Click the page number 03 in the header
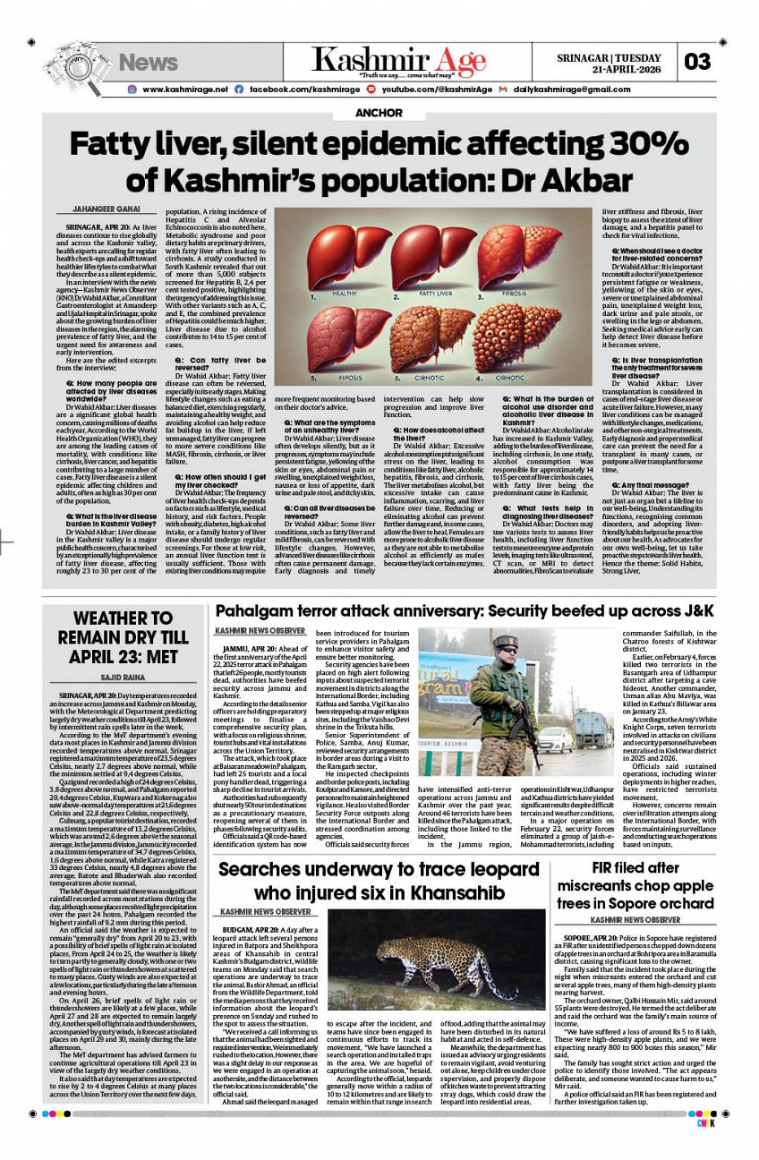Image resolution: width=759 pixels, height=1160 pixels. tap(698, 62)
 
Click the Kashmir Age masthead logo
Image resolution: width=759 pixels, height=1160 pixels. tap(398, 62)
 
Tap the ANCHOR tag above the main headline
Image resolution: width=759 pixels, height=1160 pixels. tap(379, 114)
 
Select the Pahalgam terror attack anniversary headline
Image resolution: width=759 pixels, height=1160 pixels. tap(464, 611)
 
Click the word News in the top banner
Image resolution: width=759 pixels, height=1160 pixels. tap(149, 62)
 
